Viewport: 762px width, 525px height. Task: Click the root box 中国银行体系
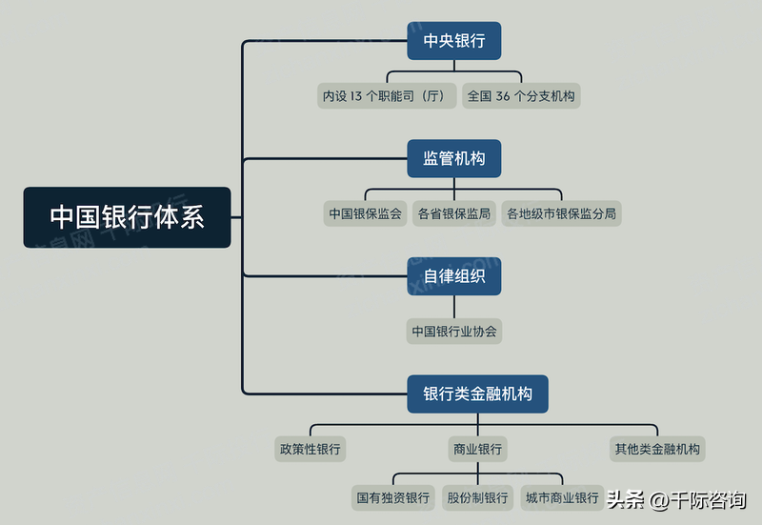coord(127,217)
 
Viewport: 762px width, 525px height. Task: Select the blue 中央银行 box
coord(454,41)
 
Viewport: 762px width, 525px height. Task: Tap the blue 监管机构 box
coord(454,158)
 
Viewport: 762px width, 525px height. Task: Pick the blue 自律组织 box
coord(454,276)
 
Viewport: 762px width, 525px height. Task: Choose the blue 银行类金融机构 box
coord(478,394)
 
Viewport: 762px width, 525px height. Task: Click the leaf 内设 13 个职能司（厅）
coord(387,96)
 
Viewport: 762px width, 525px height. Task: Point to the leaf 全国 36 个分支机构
coord(521,96)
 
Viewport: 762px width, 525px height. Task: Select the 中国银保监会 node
coord(365,213)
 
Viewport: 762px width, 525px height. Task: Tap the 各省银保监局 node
coord(454,213)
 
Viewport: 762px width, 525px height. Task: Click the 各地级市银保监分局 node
coord(561,213)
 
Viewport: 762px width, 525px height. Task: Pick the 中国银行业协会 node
coord(454,331)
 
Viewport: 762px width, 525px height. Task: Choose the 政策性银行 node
coord(311,449)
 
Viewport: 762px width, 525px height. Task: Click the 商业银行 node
coord(478,449)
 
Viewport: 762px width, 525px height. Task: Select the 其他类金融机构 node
coord(657,449)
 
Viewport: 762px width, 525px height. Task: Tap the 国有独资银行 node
coord(392,497)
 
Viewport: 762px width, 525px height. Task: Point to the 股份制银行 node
coord(477,497)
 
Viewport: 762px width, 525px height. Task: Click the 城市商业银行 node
coord(562,497)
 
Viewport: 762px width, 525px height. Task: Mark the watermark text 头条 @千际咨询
coord(676,499)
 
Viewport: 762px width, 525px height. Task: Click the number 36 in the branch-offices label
coord(503,96)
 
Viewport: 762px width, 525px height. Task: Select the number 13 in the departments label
coord(356,96)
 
